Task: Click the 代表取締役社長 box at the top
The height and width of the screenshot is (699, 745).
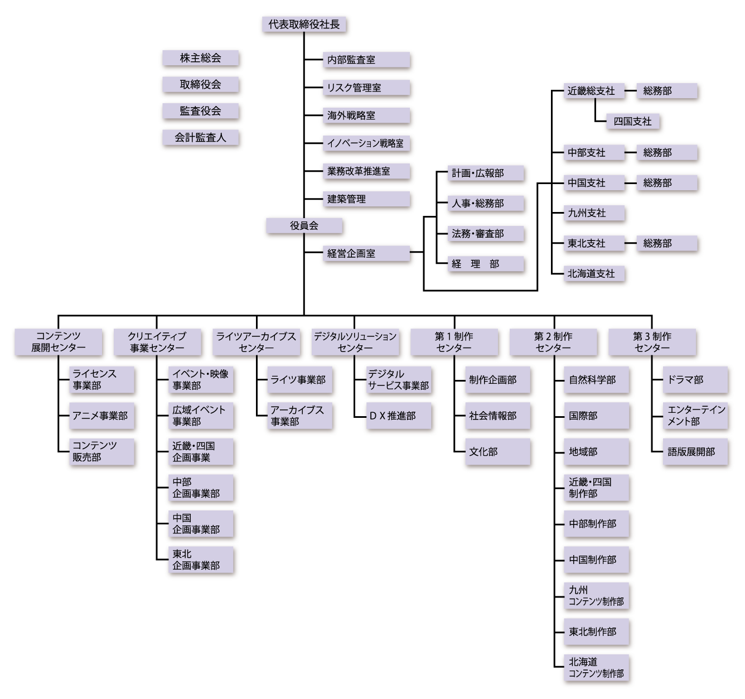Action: pos(304,25)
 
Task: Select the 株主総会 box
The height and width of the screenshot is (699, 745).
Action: pos(201,59)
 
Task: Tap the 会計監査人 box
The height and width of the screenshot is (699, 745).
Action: pos(201,138)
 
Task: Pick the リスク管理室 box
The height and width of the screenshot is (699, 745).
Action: pos(367,88)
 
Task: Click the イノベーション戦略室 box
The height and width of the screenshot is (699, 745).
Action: pos(367,144)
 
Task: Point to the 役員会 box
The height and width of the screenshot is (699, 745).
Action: pos(304,226)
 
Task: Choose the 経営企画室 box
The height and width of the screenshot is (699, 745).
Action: pos(367,254)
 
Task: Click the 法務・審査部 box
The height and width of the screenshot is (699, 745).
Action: pos(486,234)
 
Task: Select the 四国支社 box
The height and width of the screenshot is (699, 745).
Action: pos(633,122)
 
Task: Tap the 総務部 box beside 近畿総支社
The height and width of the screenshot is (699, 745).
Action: pos(667,91)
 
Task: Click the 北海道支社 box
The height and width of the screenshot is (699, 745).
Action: pos(594,274)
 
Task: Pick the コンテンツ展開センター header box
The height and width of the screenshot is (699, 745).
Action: pos(59,342)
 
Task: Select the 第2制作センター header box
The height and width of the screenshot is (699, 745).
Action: pos(553,342)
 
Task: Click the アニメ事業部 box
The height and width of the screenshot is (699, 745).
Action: pos(102,416)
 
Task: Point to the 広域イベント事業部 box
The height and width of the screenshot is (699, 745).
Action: pos(201,416)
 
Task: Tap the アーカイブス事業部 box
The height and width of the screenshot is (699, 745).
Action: pos(300,416)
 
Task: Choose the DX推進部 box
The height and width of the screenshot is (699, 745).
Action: pos(399,416)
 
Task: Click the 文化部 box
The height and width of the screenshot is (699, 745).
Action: pos(498,452)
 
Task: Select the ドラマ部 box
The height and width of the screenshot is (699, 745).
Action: pos(696,380)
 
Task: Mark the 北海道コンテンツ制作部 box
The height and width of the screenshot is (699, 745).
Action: pos(597,668)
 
